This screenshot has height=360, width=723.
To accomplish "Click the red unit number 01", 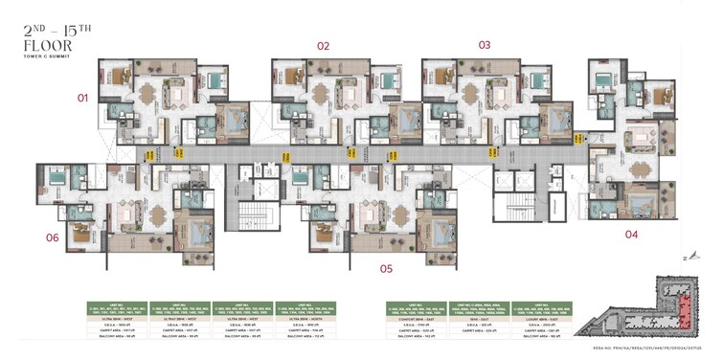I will click(x=82, y=98).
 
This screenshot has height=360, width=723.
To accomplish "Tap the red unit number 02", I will click(x=324, y=46).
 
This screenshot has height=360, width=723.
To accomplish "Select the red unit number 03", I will click(x=485, y=45).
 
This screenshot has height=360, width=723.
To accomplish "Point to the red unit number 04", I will click(x=631, y=234).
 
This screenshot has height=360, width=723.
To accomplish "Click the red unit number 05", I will click(x=386, y=269).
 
